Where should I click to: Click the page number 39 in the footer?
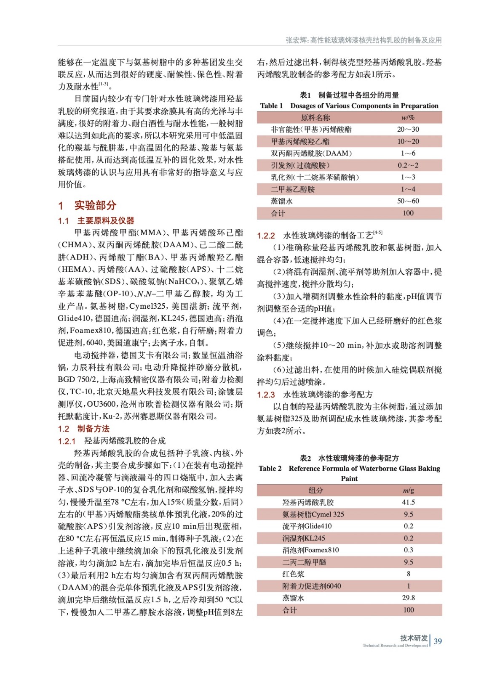(438, 641)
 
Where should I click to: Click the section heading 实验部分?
(95, 205)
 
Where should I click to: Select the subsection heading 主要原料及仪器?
(106, 220)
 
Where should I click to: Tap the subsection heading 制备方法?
(94, 429)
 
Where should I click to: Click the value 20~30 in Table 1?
(408, 130)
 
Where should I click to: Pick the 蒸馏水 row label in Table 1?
(281, 201)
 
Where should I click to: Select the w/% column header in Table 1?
(408, 118)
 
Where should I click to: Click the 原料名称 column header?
(315, 118)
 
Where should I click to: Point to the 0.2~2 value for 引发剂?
(408, 165)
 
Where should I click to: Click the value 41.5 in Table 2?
(408, 502)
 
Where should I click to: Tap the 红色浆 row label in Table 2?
(293, 574)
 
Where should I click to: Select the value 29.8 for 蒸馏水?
(408, 598)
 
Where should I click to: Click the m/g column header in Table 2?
(408, 490)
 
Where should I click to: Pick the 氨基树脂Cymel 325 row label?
(313, 514)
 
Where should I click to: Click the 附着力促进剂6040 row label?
(311, 586)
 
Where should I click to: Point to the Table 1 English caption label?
(271, 106)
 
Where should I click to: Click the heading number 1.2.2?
(266, 236)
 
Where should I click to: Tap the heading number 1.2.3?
(266, 395)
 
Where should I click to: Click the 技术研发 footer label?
(414, 638)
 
